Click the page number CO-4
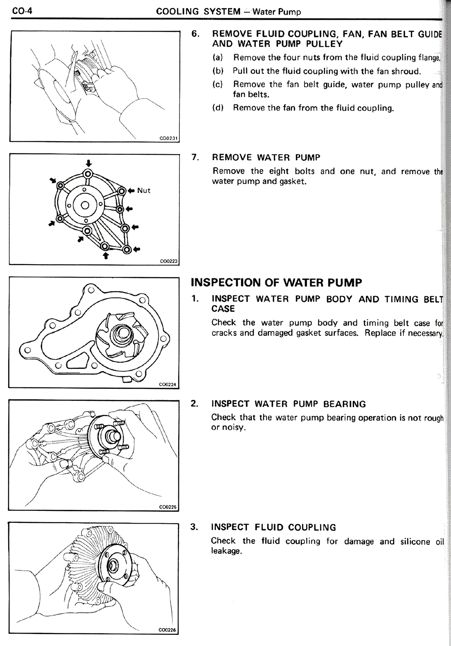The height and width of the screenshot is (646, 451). (x=22, y=11)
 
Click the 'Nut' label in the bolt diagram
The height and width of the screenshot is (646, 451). (x=144, y=190)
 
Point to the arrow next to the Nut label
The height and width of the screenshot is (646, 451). (x=131, y=190)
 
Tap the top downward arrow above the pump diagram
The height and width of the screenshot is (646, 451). (x=88, y=163)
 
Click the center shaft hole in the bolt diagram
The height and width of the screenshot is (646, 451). (x=85, y=205)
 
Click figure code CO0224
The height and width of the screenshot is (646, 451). (x=167, y=384)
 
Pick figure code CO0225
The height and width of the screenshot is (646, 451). (x=167, y=507)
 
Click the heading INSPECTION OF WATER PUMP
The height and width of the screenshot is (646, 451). (x=276, y=283)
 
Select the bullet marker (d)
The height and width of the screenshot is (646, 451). (x=218, y=108)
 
